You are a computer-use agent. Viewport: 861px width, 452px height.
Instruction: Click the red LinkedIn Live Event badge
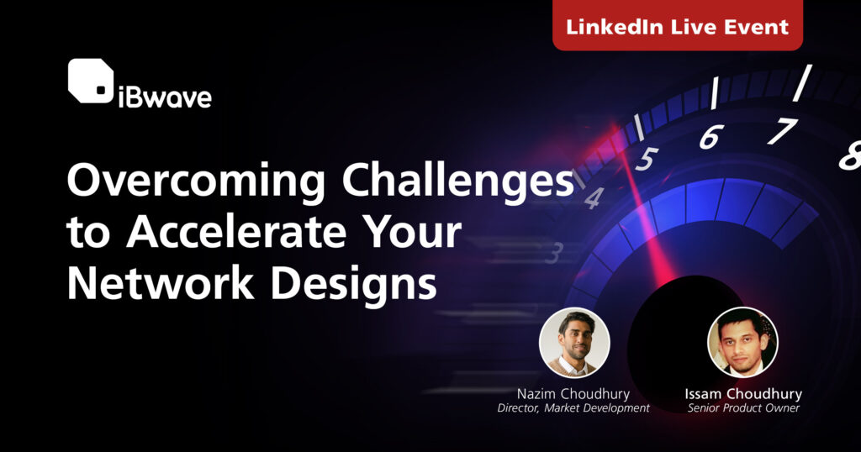click(678, 24)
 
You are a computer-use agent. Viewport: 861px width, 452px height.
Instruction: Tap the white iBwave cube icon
click(91, 81)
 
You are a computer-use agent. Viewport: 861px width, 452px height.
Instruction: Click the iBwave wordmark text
click(165, 97)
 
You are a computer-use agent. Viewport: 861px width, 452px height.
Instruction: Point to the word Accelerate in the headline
click(236, 232)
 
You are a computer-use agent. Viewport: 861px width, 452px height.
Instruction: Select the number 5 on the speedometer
click(647, 159)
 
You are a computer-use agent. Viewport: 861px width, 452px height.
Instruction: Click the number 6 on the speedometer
click(711, 137)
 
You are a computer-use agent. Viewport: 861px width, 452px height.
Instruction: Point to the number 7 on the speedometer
click(783, 131)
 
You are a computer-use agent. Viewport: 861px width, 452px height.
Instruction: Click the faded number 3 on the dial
click(556, 254)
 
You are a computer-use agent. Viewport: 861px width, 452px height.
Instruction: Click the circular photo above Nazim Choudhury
click(574, 342)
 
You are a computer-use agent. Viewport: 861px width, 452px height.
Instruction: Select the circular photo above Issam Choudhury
click(742, 342)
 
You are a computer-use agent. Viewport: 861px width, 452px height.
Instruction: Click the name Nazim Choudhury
click(573, 394)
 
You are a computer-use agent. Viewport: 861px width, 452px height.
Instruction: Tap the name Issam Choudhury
click(743, 394)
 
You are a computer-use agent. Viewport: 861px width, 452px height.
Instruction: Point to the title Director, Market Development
click(573, 408)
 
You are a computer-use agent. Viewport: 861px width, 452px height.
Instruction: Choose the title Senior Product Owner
click(743, 408)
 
